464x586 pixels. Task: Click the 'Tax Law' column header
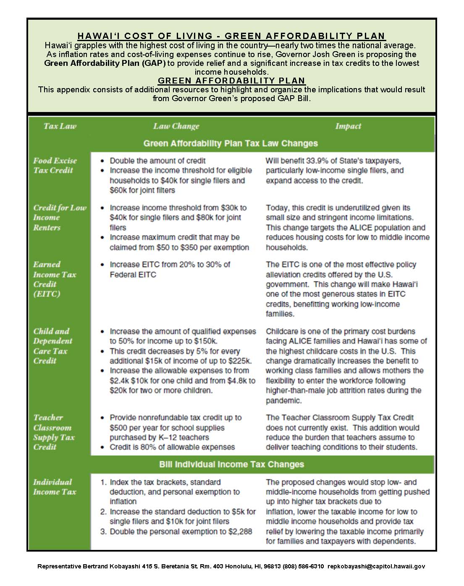pos(60,126)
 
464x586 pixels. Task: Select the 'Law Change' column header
pos(176,126)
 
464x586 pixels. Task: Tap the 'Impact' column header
pos(348,126)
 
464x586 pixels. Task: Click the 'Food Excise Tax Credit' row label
pos(55,165)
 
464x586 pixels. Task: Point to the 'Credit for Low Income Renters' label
pos(59,217)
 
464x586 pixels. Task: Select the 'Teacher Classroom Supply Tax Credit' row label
pos(54,432)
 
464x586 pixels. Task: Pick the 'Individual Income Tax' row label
pos(54,487)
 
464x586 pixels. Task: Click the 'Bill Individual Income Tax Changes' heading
pos(231,464)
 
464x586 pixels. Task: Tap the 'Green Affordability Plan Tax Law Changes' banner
pos(231,143)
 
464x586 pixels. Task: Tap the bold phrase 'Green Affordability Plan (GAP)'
pos(105,63)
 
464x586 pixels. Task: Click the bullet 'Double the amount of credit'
pos(157,161)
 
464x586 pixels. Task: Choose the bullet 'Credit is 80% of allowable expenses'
pos(172,447)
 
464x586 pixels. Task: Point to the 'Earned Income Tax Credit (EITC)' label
pos(54,279)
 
